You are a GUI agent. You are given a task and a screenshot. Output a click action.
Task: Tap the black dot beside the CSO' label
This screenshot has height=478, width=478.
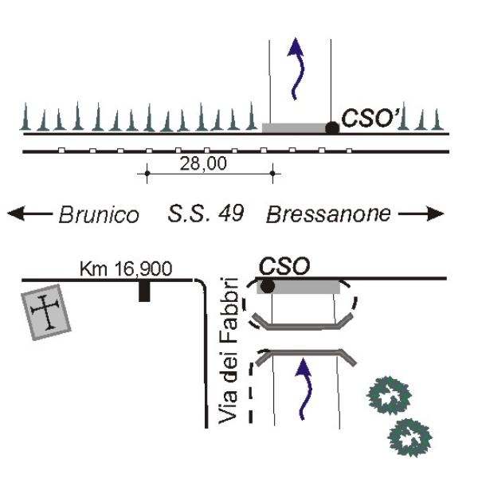[332, 128]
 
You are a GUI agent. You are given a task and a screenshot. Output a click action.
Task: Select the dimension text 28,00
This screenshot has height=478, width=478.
[203, 163]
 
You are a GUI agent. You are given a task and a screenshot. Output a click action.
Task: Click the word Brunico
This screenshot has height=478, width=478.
[99, 214]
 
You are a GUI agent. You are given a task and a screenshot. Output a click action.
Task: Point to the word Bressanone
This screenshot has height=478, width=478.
[328, 214]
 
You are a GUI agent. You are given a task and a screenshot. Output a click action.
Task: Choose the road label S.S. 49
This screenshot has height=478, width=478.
[206, 214]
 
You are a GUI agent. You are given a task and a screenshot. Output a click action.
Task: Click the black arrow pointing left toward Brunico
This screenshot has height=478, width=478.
[29, 214]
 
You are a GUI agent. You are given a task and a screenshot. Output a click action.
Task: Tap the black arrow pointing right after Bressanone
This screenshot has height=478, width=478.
[421, 214]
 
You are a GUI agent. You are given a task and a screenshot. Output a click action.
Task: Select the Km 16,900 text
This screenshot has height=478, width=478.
[126, 268]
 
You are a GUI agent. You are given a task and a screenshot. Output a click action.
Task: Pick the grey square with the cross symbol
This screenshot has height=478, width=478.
[46, 312]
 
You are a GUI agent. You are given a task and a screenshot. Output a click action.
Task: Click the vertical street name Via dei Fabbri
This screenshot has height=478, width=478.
[229, 351]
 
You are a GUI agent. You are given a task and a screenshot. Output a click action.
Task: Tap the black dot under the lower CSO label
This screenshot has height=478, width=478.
[268, 287]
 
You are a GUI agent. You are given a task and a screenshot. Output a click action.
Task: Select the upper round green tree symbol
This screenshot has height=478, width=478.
[390, 395]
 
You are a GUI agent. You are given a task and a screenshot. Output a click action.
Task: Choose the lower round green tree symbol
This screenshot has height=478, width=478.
[409, 437]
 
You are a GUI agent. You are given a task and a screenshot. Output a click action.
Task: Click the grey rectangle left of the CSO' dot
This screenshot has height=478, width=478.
[294, 128]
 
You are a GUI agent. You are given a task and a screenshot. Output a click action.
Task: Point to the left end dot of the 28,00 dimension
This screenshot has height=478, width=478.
[147, 174]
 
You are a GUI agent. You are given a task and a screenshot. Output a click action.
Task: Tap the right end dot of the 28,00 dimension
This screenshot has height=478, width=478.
[272, 174]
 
